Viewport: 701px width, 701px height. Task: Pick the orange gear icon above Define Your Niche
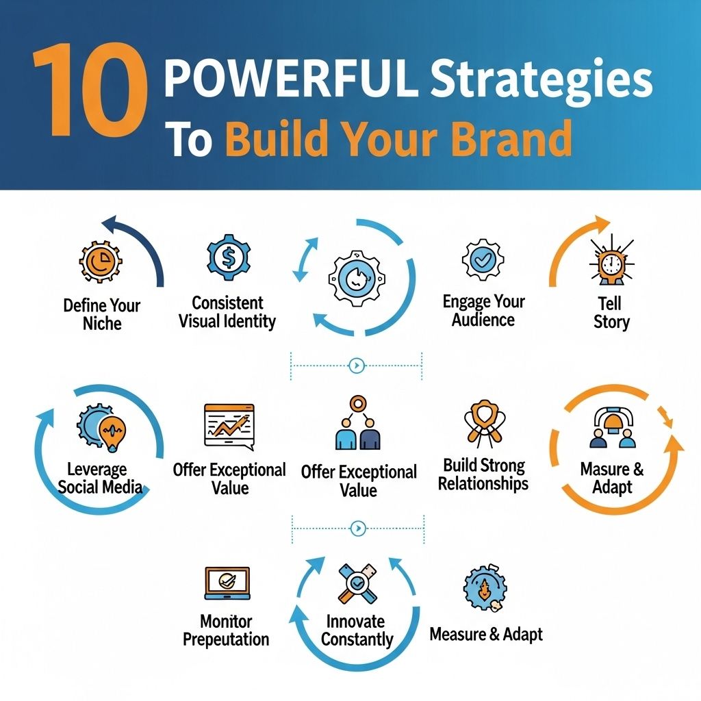100,263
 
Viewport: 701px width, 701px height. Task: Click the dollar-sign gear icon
227,257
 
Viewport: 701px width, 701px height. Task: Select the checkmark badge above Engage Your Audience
483,261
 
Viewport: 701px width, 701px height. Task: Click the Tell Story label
611,312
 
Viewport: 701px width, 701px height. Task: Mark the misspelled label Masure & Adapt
612,478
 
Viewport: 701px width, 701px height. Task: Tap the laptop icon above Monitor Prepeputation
227,583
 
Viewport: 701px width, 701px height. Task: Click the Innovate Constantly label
357,630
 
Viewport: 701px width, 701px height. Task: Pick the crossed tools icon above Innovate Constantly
357,583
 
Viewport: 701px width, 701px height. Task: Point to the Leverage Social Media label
100,479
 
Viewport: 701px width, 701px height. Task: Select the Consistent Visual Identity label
227,311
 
